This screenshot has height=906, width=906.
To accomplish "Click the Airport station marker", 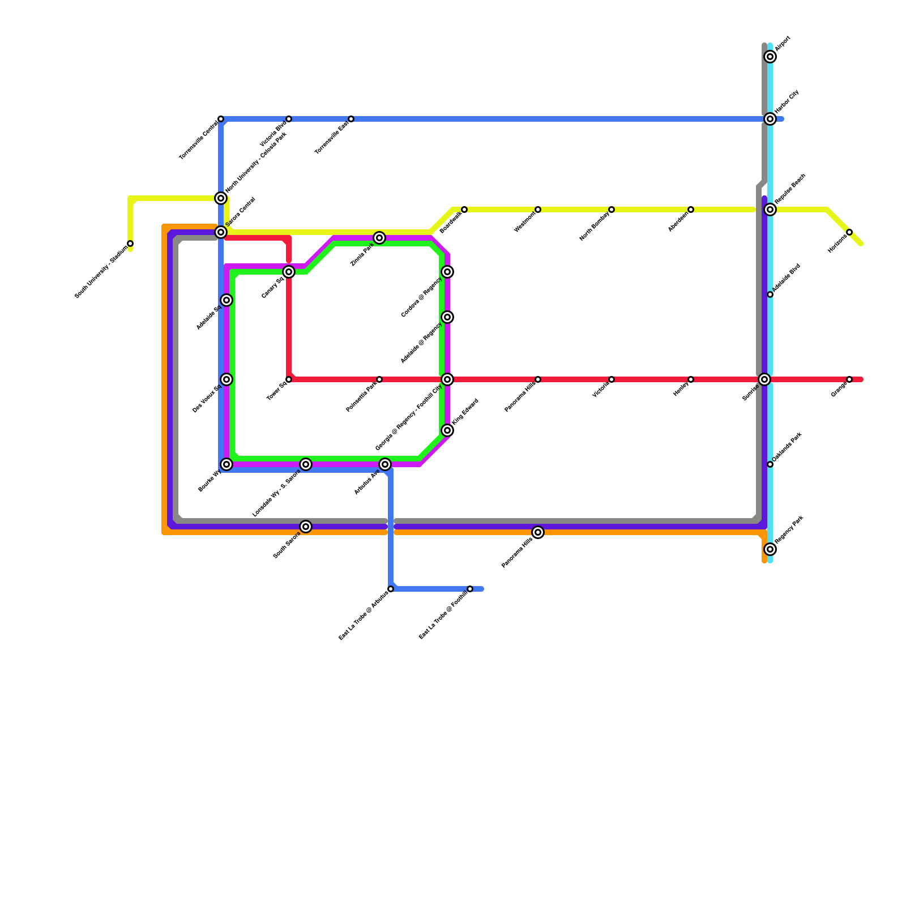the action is click(x=770, y=57).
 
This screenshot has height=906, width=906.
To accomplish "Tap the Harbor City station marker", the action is click(x=770, y=119).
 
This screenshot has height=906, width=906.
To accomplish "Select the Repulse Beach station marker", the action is click(x=770, y=210).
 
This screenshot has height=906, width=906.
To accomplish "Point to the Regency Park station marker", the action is click(x=770, y=549).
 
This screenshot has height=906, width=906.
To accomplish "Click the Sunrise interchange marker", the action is click(x=764, y=379).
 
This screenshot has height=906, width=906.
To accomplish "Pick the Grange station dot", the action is click(x=849, y=379).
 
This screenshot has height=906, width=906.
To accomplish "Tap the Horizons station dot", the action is click(x=849, y=232).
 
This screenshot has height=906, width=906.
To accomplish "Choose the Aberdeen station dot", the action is click(x=691, y=210).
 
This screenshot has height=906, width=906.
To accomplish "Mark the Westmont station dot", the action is click(x=538, y=210).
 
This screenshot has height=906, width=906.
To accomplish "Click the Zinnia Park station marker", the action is click(x=379, y=238).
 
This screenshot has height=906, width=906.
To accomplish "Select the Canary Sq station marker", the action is click(x=289, y=272).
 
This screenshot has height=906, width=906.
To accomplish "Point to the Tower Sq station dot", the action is click(x=289, y=379).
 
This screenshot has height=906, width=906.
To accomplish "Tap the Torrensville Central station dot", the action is click(x=221, y=119).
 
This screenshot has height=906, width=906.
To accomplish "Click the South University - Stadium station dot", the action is click(x=130, y=243).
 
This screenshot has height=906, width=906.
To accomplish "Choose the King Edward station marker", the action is click(x=447, y=430).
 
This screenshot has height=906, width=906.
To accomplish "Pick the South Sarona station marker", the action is click(x=306, y=527).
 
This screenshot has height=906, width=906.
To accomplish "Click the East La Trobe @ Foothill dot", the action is click(x=470, y=589).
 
